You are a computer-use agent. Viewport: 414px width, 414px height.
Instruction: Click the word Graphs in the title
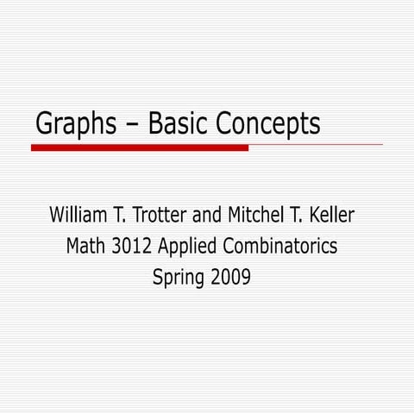75,125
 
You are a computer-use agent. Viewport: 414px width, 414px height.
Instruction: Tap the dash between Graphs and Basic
132,125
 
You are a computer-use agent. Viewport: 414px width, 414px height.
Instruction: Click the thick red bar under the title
139,147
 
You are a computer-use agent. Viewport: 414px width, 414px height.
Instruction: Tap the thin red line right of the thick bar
316,145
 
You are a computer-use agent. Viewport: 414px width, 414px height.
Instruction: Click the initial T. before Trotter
126,214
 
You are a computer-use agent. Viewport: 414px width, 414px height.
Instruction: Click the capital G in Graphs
44,125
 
